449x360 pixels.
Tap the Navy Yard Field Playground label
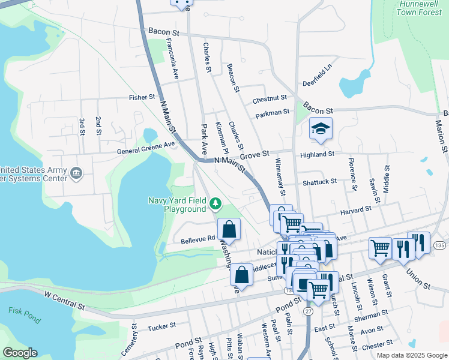pos(177,205)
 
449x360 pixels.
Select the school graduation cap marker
pos(321,129)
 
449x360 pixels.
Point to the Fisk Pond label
pos(22,310)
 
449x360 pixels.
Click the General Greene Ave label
pos(146,144)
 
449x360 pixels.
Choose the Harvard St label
pos(357,209)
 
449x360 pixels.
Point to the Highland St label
pos(318,154)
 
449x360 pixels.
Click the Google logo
pos(20,352)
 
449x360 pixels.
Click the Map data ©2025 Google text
pos(411,355)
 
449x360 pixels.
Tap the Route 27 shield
pos(309,311)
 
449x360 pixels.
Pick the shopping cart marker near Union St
pos(379,247)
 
